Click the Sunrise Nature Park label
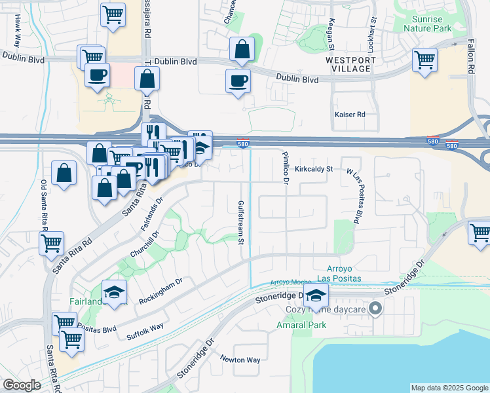click(427, 24)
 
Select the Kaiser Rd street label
click(349, 115)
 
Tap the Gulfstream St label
click(241, 223)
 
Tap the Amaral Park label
click(311, 324)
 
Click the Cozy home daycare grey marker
click(375, 308)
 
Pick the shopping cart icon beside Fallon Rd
click(424, 60)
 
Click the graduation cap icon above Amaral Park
click(316, 295)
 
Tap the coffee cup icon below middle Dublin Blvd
click(238, 81)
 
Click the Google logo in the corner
click(22, 385)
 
